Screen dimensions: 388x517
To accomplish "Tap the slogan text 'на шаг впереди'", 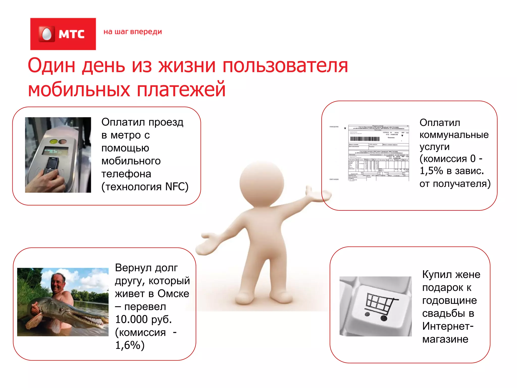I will click(133, 32).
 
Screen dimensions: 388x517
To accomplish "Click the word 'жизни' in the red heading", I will click(187, 65).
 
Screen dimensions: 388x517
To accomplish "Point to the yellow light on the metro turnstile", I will click(54, 141).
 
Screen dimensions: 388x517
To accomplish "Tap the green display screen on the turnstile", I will click(55, 151).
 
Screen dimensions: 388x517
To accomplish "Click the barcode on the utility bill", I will click(365, 139).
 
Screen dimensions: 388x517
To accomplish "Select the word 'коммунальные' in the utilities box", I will click(454, 135).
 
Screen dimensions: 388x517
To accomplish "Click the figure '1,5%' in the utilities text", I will click(431, 171).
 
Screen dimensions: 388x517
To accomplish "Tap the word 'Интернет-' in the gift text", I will click(448, 326).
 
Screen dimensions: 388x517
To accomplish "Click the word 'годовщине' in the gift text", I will click(449, 300).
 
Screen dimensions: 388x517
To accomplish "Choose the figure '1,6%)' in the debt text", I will click(130, 345).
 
